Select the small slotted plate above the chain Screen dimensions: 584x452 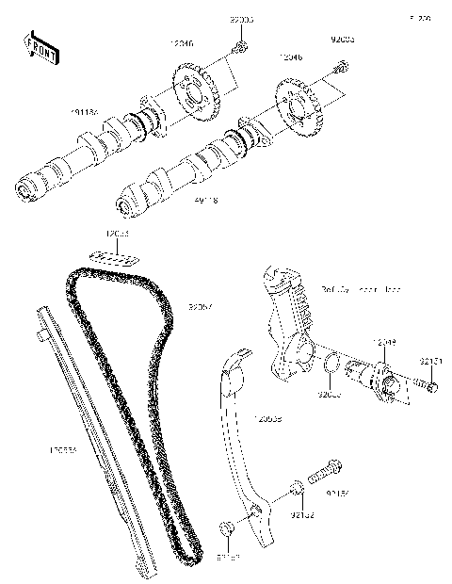114,253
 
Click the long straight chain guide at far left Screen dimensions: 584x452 94,443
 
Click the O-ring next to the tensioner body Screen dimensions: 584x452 331,364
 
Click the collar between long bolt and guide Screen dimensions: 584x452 295,488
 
